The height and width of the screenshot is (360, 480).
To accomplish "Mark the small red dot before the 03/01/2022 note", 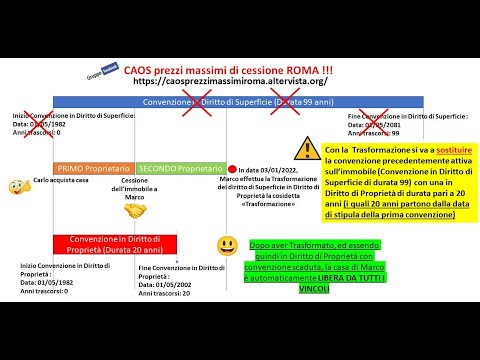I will click(232, 169).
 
